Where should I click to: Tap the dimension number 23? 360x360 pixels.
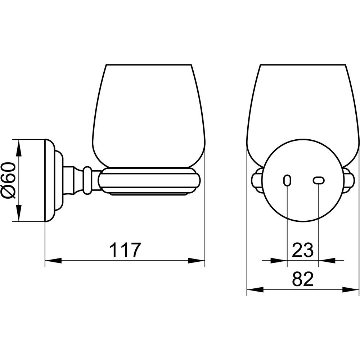(303, 250)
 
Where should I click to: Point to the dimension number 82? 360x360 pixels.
(303, 279)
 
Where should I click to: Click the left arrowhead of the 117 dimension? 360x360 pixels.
(53, 260)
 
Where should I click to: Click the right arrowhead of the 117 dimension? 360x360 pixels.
(196, 260)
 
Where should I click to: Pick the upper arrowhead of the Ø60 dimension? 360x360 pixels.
(19, 148)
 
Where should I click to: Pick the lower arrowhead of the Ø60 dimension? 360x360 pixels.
(19, 213)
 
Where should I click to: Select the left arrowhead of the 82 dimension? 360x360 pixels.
(255, 289)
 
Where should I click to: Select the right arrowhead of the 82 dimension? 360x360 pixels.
(350, 289)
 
